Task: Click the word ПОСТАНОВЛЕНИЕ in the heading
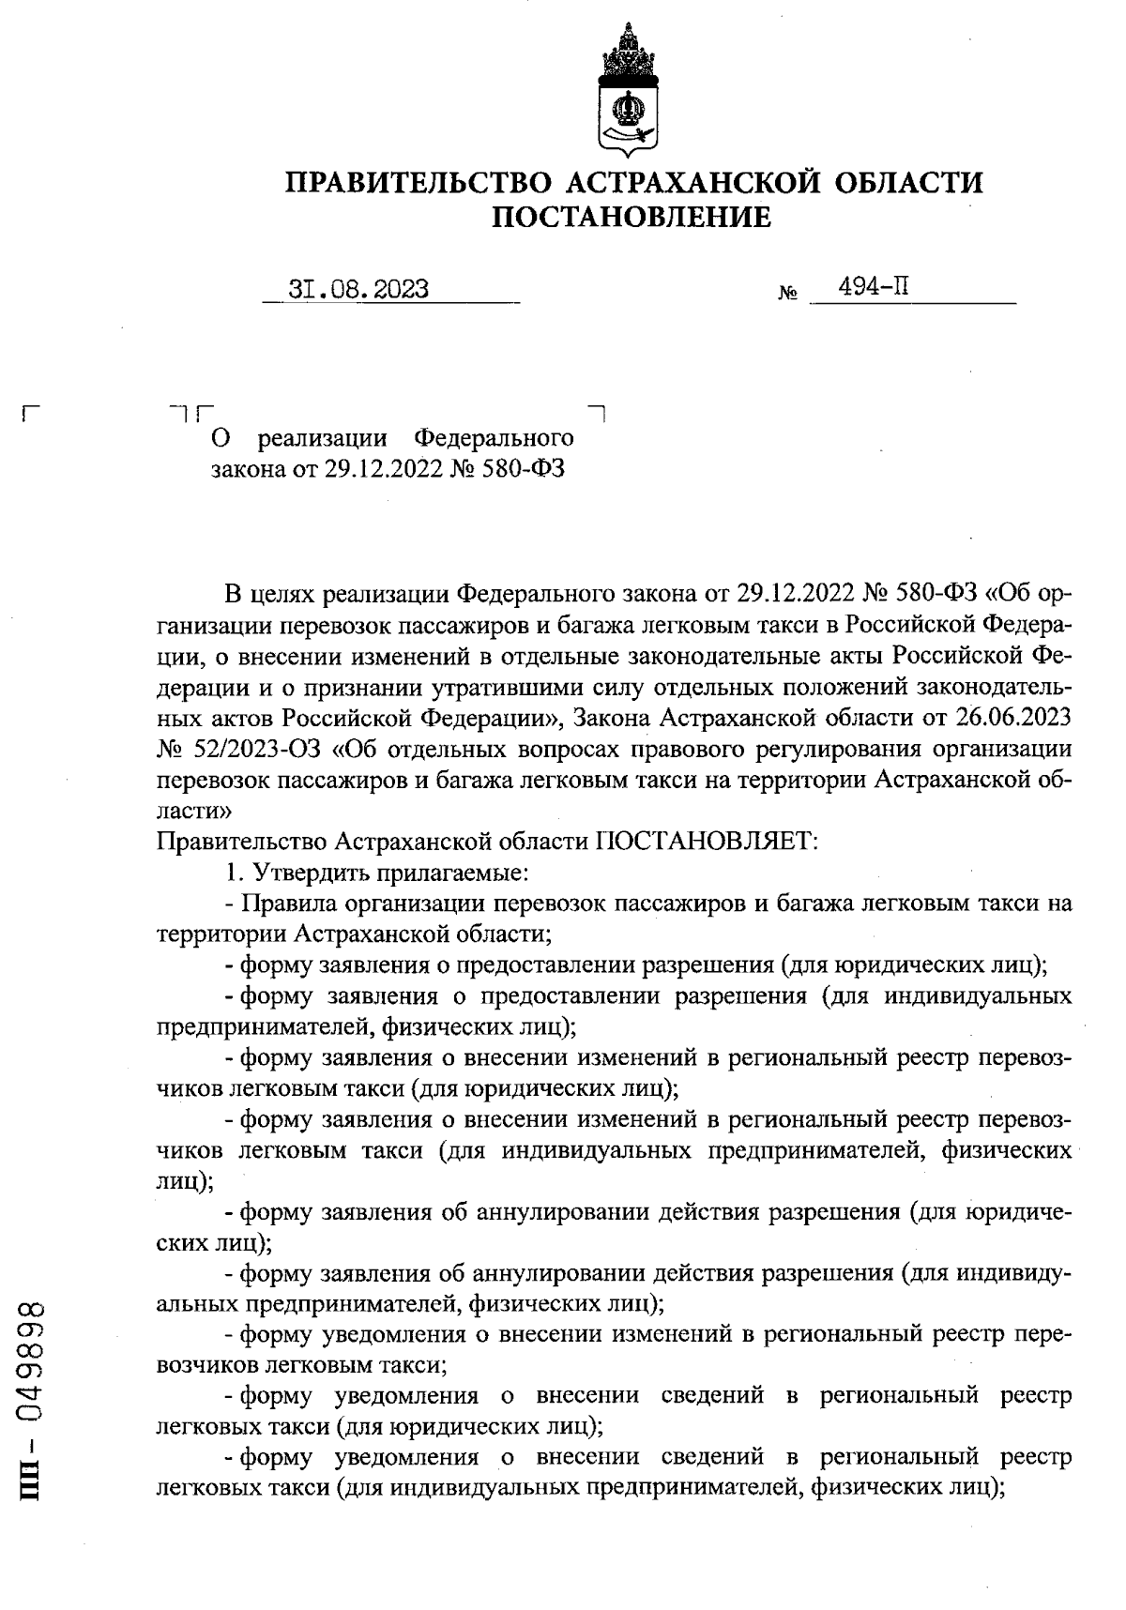[x=631, y=218]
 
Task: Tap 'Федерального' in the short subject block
[x=494, y=438]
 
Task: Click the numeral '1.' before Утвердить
[x=234, y=873]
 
